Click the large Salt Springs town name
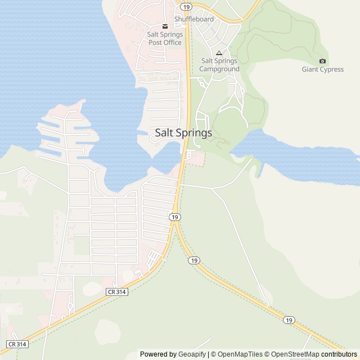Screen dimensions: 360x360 pyautogui.click(x=183, y=133)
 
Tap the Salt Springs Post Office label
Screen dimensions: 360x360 pyautogui.click(x=164, y=38)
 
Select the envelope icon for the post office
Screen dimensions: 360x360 pyautogui.click(x=165, y=26)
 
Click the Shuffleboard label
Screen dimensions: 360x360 pyautogui.click(x=194, y=19)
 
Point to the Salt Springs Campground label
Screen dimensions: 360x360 pyautogui.click(x=219, y=65)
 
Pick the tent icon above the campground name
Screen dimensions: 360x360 pyautogui.click(x=219, y=53)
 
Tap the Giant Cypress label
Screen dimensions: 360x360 pyautogui.click(x=322, y=70)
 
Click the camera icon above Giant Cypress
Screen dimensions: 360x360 pyautogui.click(x=322, y=61)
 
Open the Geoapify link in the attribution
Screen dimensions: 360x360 pyautogui.click(x=193, y=354)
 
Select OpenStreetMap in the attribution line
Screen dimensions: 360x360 pyautogui.click(x=295, y=354)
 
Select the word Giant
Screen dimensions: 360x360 pyautogui.click(x=310, y=70)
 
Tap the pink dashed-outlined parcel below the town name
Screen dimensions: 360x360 pyautogui.click(x=195, y=159)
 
